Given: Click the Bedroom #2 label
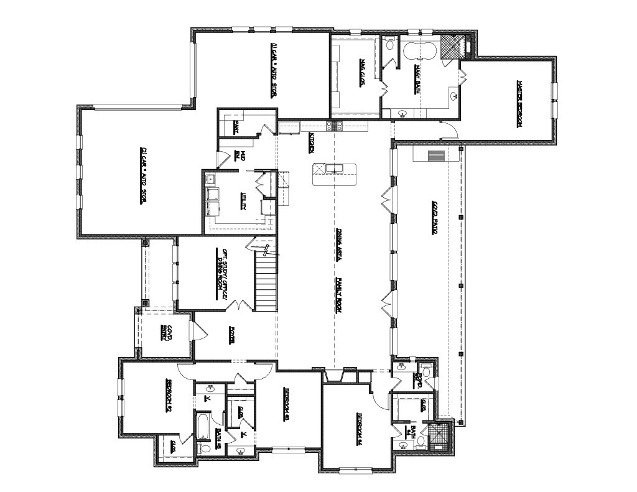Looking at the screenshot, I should click(168, 396).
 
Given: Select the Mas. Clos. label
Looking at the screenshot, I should click(362, 73).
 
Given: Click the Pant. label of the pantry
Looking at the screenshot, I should click(236, 128).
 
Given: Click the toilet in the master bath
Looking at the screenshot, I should click(390, 45).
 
